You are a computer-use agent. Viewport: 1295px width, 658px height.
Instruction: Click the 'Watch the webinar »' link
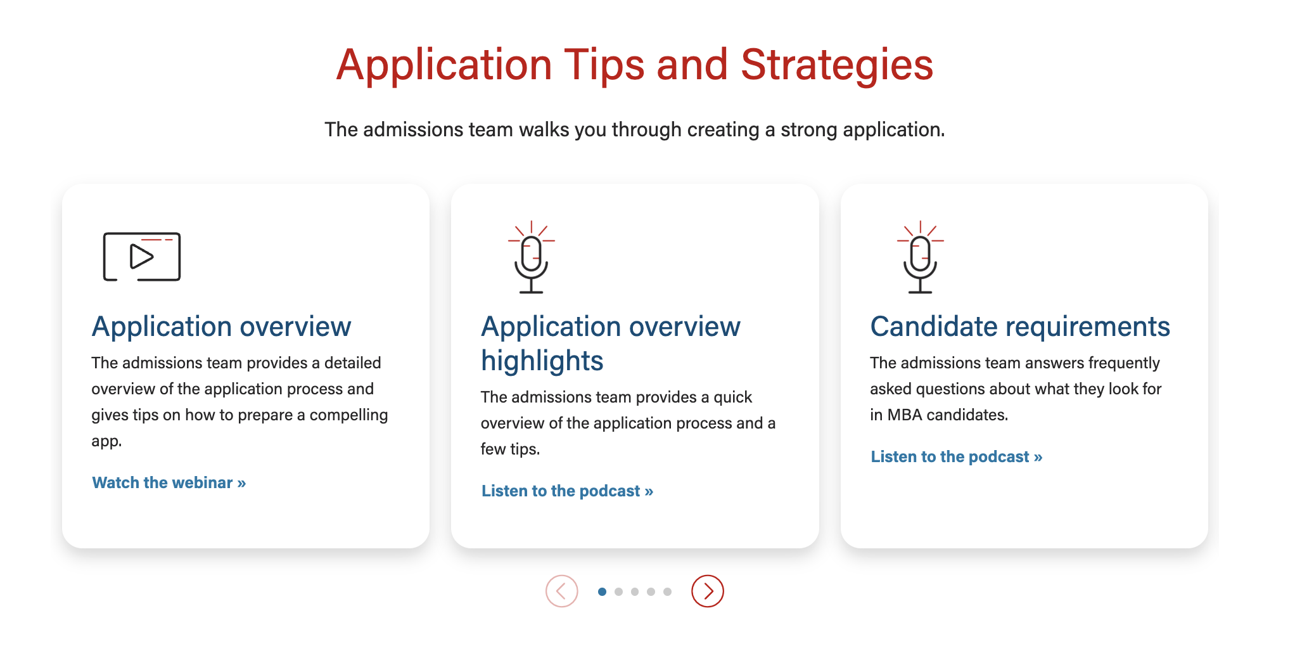tap(169, 482)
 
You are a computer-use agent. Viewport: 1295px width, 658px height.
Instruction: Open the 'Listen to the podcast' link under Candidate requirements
tap(957, 456)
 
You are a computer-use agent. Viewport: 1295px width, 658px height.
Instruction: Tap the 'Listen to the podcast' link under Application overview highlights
tap(568, 491)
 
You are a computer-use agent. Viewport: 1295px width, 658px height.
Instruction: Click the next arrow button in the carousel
tap(708, 591)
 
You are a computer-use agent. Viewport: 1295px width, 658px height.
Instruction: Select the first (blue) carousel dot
tap(602, 591)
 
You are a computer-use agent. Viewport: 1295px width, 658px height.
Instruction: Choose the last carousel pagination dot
tap(667, 591)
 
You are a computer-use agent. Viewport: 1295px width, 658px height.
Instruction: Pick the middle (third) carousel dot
tap(635, 591)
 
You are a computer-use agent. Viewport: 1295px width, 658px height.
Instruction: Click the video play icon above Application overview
tap(142, 257)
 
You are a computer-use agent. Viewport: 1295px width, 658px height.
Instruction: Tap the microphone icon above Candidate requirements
tap(920, 257)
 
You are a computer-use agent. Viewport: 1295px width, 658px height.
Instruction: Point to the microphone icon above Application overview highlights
tap(531, 257)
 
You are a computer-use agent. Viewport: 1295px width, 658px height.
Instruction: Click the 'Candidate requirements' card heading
tap(1020, 326)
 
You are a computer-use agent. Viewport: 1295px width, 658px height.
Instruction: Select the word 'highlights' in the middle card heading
tap(542, 361)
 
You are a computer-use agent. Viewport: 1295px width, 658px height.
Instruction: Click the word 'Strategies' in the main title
tap(837, 65)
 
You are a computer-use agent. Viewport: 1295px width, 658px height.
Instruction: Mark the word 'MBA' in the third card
tap(905, 415)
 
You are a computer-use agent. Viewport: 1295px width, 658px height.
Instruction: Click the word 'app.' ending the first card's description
tap(106, 442)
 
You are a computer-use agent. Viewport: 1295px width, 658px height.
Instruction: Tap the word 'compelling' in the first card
tap(348, 415)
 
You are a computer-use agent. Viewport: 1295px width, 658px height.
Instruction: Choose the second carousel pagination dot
tap(618, 591)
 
